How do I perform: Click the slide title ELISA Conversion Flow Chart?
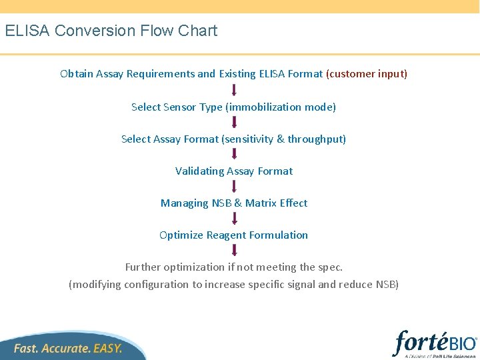pos(111,31)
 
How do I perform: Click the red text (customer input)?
pos(366,74)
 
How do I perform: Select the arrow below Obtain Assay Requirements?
pos(234,90)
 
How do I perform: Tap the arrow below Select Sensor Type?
pos(234,122)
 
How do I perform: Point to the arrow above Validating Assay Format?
pos(234,154)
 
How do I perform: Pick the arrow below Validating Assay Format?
pos(234,186)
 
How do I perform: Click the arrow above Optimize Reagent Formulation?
pos(234,218)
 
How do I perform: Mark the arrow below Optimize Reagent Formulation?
pos(234,250)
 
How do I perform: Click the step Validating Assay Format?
pos(234,171)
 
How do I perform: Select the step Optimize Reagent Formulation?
pos(234,235)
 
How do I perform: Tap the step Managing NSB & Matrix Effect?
pos(234,203)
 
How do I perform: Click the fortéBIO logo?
pos(435,344)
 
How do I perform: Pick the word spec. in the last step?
pos(331,267)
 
